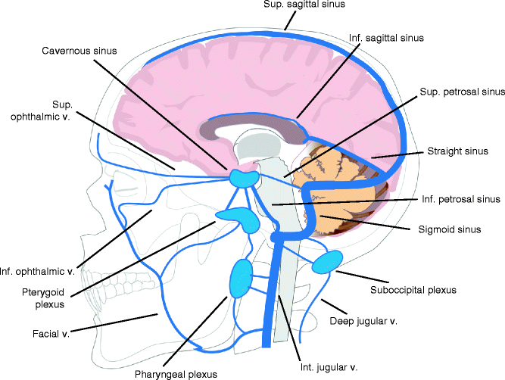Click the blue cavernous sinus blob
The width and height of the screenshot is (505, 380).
click(x=245, y=179)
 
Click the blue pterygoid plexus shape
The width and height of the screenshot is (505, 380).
click(x=238, y=219)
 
